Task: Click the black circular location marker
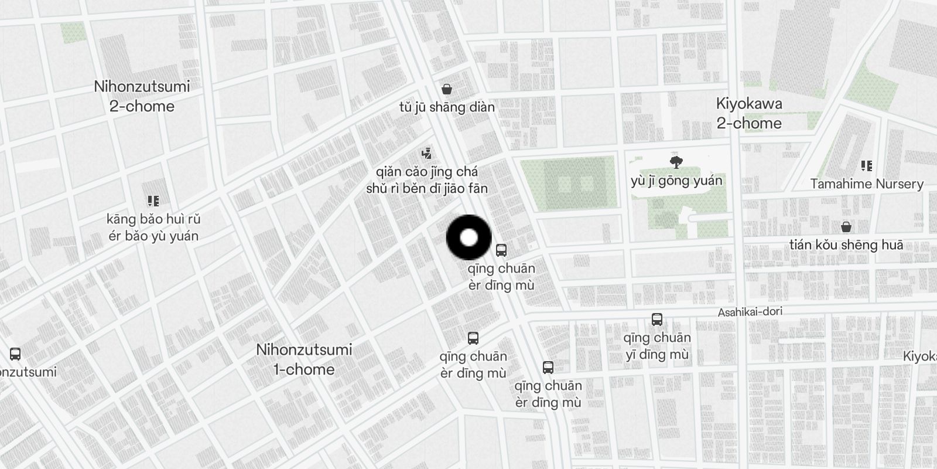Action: tap(468, 237)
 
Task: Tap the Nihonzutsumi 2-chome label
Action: tap(142, 97)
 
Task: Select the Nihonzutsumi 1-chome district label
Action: tap(304, 359)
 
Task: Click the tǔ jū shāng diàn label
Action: tap(447, 107)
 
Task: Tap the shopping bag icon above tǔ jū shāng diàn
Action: tap(447, 89)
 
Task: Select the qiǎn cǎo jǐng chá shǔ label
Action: tap(426, 180)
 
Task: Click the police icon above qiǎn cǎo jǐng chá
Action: tap(427, 154)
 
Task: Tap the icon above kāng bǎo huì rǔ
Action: tap(153, 202)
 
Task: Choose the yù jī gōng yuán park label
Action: tap(676, 181)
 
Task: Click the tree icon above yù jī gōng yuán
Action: tap(676, 162)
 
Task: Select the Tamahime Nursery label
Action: tap(867, 184)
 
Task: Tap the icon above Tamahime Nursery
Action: tap(867, 166)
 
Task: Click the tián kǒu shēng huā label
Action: tap(846, 245)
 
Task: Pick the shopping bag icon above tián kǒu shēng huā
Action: tap(846, 227)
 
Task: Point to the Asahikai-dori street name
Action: tap(750, 312)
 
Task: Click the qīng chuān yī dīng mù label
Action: tap(656, 346)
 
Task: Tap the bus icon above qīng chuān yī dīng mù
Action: tap(657, 320)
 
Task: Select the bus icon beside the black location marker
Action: tap(501, 250)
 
